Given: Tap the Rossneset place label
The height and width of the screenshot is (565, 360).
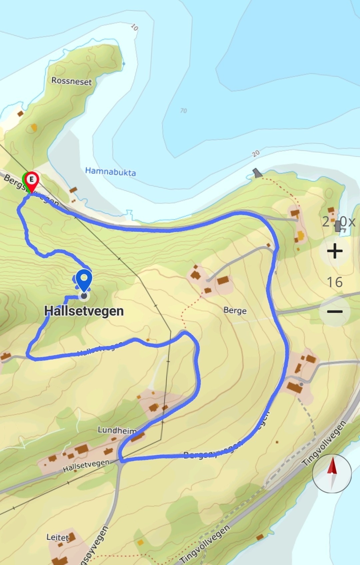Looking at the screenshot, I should click(71, 81).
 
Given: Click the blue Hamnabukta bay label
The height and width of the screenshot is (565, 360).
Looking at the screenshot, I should click(110, 172).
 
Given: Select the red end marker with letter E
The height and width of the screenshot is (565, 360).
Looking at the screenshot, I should click(32, 180).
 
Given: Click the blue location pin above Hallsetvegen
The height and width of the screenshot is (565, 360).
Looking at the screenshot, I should click(84, 279).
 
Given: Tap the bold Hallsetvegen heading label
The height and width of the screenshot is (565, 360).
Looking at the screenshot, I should click(84, 311).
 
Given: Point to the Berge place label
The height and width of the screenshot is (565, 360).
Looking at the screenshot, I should click(235, 311).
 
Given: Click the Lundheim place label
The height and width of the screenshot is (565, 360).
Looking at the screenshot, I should click(117, 430).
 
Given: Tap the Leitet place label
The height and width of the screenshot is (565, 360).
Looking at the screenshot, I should click(58, 537).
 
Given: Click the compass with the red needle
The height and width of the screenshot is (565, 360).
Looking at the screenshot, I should click(332, 473).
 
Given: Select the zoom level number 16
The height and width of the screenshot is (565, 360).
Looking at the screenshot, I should click(335, 282).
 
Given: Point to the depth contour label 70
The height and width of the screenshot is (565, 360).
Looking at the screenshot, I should click(183, 110).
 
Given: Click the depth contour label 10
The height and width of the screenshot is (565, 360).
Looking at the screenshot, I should click(134, 27).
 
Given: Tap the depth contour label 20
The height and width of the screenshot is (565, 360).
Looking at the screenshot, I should click(256, 153).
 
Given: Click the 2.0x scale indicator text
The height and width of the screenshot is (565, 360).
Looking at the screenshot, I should click(338, 221).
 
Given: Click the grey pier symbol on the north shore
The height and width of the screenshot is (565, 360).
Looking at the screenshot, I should click(257, 172).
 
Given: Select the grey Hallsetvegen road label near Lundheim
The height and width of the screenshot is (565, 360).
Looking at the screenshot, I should click(86, 466).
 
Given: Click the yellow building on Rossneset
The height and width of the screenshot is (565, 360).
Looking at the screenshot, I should click(34, 127).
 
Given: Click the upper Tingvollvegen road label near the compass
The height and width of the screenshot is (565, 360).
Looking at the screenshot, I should click(324, 444).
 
